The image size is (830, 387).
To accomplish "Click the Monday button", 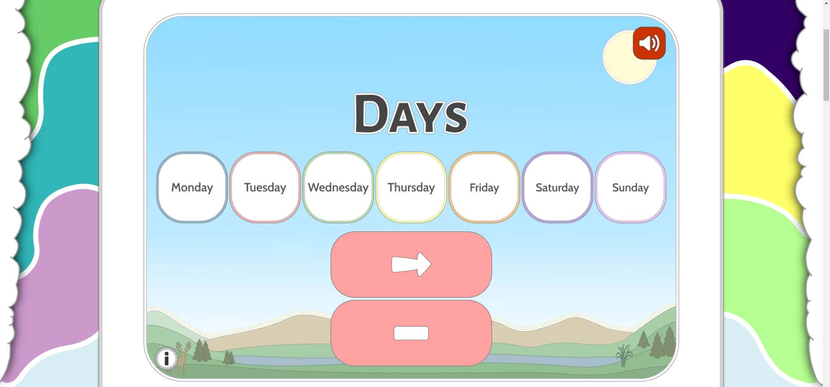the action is pos(192,187).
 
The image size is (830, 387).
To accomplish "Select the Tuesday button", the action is pos(265,187).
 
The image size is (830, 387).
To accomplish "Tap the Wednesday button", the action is pos(338,187).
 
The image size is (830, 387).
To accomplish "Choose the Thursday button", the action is pos(411,187).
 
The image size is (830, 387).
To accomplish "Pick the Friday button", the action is pos(484,187).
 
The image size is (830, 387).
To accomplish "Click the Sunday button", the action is pos(631,187).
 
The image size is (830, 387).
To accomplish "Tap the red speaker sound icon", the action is pos(649,43).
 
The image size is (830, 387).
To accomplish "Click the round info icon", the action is pos(166,358).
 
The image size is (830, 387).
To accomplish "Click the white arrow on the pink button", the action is pos(411,264).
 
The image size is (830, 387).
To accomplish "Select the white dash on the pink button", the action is pos(411,333).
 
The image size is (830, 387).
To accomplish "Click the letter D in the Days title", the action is pos(371,113).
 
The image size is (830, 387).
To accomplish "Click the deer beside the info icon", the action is pos(182,358).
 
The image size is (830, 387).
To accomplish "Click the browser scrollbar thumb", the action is pos(826,65).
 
